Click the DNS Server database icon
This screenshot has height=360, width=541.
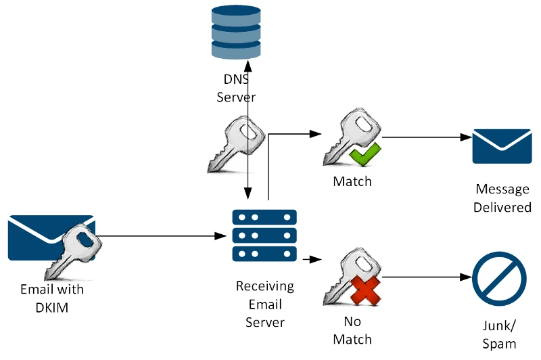tap(236, 32)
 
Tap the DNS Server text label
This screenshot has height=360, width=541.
tap(236, 88)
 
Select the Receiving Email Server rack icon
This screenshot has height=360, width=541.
tap(264, 235)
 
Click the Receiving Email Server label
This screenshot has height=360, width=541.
tap(264, 304)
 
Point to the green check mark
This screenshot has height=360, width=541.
tap(364, 156)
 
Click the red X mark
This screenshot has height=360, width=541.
tap(364, 292)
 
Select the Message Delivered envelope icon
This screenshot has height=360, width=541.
tap(502, 145)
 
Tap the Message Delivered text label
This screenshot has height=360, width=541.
tap(502, 198)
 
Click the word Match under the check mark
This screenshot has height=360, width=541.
tap(352, 181)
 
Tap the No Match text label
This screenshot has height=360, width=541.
tap(352, 330)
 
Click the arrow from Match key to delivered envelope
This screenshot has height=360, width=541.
tap(426, 137)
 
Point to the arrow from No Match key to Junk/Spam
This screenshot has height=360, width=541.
tap(426, 278)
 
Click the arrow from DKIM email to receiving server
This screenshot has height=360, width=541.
tap(162, 237)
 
